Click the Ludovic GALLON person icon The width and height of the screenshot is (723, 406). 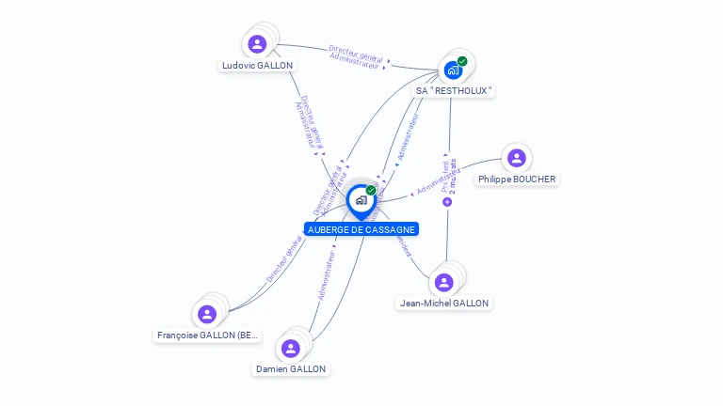tap(257, 44)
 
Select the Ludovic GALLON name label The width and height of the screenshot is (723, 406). tap(257, 66)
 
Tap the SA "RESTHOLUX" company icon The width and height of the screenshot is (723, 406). tap(453, 70)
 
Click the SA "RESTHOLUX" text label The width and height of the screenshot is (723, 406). tap(455, 91)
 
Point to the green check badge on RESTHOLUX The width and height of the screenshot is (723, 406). tap(462, 61)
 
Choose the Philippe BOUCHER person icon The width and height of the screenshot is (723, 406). tap(516, 158)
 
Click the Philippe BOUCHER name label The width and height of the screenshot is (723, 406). tap(517, 180)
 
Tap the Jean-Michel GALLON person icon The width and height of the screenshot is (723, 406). tap(443, 282)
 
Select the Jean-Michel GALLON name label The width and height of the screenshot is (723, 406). tap(444, 304)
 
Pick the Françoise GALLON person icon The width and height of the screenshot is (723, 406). tap(207, 314)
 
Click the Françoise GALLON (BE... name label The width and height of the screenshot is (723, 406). tap(207, 336)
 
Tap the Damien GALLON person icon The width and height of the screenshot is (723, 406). tap(291, 348)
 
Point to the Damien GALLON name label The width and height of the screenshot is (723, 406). tap(291, 369)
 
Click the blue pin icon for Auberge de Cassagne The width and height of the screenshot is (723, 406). tap(361, 200)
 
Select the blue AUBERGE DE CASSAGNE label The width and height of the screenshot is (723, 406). tap(361, 229)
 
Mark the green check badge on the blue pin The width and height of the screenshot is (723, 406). tap(371, 191)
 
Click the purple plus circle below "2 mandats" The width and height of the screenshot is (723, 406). tap(447, 202)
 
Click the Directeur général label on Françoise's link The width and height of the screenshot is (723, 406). tap(283, 260)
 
